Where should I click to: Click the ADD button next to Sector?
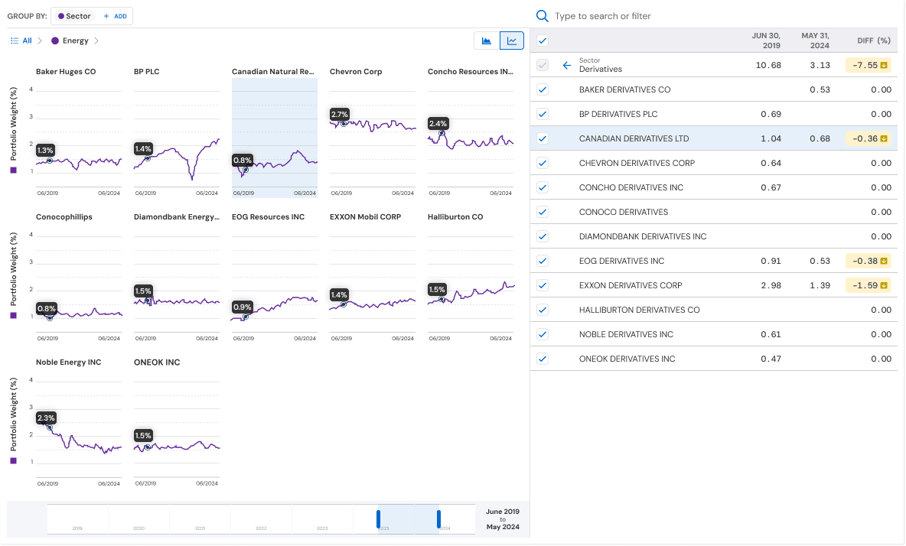[116, 16]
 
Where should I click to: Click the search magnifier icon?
[543, 16]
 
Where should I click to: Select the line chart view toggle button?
[512, 41]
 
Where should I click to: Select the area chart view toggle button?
[487, 41]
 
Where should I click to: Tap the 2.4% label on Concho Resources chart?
[438, 123]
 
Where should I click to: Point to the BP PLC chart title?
[146, 72]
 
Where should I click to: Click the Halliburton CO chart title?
[455, 217]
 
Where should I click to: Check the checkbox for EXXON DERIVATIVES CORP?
[543, 285]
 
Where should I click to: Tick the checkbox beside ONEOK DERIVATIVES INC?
[543, 359]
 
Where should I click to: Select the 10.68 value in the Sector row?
[768, 65]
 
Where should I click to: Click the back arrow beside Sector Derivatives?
[567, 65]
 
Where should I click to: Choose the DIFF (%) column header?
[873, 41]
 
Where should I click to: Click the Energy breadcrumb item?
[75, 41]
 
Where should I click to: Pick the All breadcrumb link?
[27, 41]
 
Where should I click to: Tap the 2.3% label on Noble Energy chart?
[47, 418]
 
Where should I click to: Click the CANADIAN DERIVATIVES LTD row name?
[634, 138]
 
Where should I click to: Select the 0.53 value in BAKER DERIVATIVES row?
[820, 89]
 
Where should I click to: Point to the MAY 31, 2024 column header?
[816, 41]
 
